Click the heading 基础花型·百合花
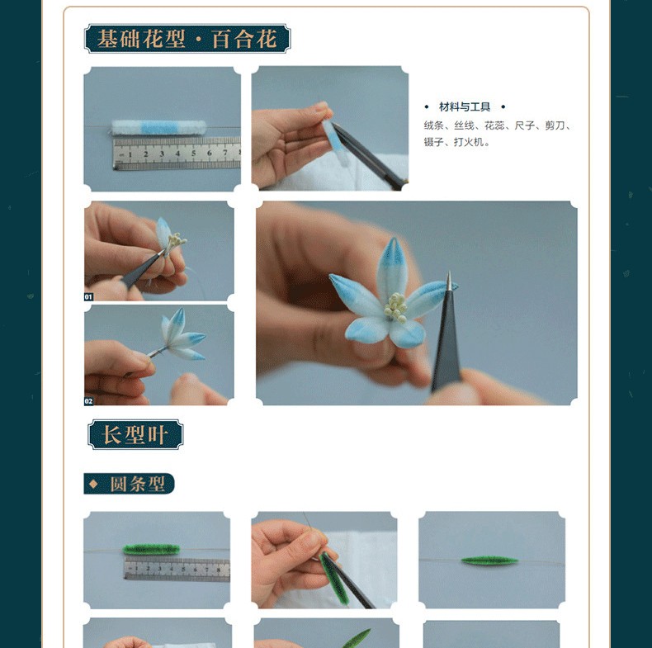click(x=187, y=39)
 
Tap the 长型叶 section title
click(x=135, y=435)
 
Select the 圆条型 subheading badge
click(x=129, y=484)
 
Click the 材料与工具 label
click(x=465, y=106)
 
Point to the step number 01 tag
click(x=88, y=296)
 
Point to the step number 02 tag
click(x=88, y=401)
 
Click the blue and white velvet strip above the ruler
click(x=158, y=128)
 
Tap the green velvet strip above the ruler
click(x=152, y=550)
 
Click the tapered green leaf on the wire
click(x=490, y=561)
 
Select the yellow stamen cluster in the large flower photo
click(x=395, y=307)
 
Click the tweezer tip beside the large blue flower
click(x=449, y=275)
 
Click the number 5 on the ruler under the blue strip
click(x=193, y=154)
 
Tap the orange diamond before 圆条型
click(x=93, y=484)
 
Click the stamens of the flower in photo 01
click(x=177, y=241)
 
